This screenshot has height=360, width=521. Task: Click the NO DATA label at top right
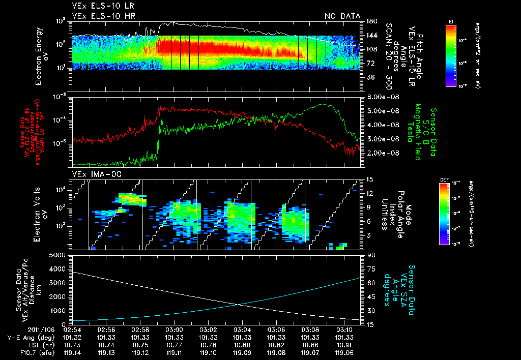coord(342,16)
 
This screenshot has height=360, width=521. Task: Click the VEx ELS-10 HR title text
coord(100,16)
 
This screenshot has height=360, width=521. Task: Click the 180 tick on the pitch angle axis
coord(371,21)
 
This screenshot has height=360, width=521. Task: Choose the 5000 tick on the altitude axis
coord(60,255)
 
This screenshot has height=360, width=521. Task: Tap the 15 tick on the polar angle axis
coord(370,179)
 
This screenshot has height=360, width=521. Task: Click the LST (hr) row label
coord(22,344)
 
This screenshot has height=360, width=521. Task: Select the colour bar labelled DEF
coord(451,213)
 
